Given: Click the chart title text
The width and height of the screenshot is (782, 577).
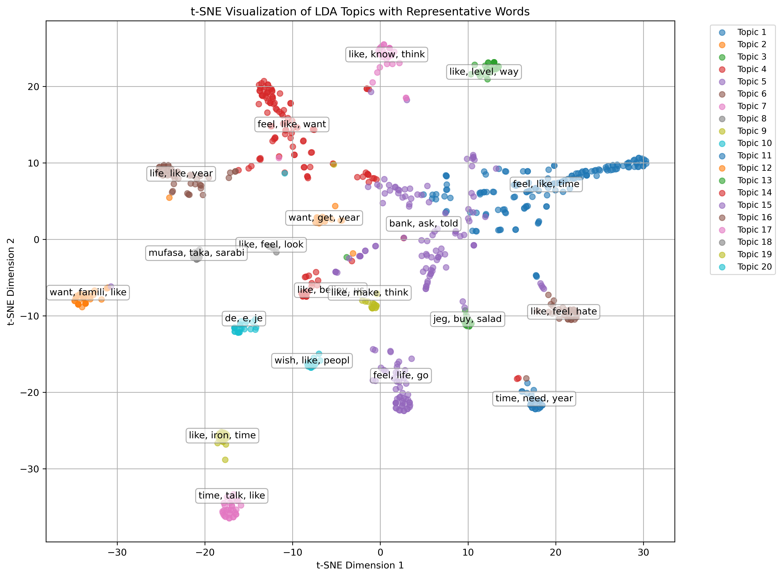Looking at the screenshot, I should point(360,12).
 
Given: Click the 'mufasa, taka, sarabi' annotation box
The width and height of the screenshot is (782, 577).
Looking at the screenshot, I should point(196,253).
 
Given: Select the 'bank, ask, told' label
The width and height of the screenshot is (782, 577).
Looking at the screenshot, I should point(423,223).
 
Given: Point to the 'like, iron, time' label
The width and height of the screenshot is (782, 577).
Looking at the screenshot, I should point(222,435).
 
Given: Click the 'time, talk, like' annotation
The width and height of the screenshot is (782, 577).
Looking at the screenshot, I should point(232,495).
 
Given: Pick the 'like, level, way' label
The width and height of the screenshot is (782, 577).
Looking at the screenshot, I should point(484,72).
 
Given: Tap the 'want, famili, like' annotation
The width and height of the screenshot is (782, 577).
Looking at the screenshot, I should point(88,292).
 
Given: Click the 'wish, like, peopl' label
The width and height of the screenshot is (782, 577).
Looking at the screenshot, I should point(312,360).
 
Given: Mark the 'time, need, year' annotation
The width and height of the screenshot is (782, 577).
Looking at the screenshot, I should point(534,398).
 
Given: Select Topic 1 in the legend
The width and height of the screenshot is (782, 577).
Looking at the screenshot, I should point(751,32).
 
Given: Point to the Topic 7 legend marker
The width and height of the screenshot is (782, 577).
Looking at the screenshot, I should point(722,106).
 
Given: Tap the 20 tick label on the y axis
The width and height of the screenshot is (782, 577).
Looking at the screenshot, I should point(33,87).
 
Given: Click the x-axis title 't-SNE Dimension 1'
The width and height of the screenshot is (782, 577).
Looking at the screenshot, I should point(360,565).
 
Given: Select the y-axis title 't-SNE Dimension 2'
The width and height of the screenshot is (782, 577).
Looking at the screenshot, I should point(11,282).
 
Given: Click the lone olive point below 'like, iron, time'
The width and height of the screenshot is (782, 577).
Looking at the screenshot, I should point(225,460).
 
